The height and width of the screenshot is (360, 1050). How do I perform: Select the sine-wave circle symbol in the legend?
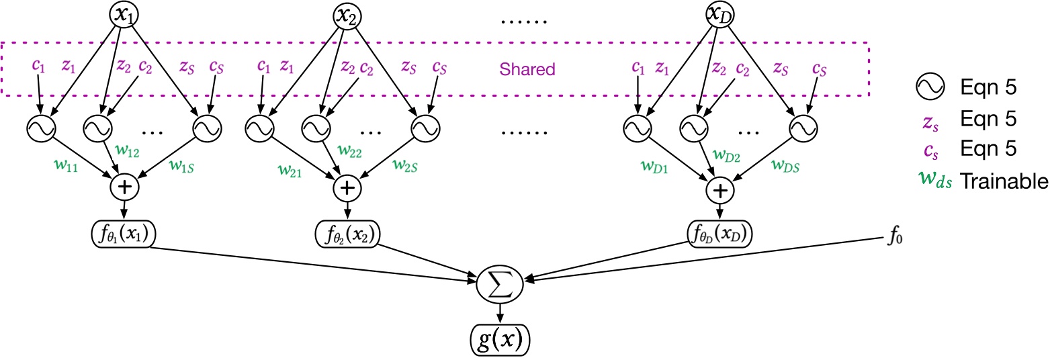[929, 87]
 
